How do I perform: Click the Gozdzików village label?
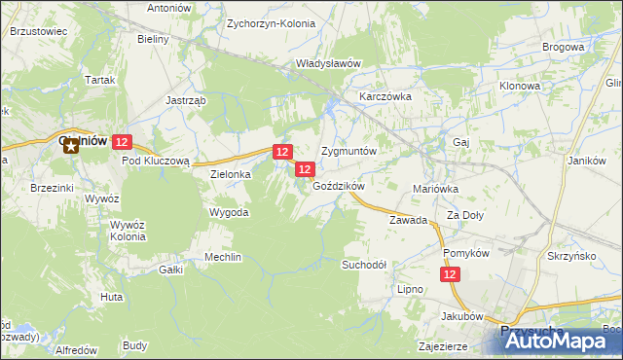point(339,186)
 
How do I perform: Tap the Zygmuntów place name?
point(348,153)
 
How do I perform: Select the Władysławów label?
point(329,63)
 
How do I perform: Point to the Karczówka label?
point(386,98)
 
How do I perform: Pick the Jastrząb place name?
point(185,99)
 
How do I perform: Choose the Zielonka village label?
point(232,174)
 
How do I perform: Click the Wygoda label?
point(229,212)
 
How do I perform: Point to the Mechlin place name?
point(223,257)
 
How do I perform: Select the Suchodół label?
point(364,265)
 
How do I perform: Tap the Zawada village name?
point(409,220)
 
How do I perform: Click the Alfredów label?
point(76,349)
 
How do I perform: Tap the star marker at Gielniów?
point(70,144)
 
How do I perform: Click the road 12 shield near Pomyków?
point(450,275)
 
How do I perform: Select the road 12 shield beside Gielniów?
point(121,142)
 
